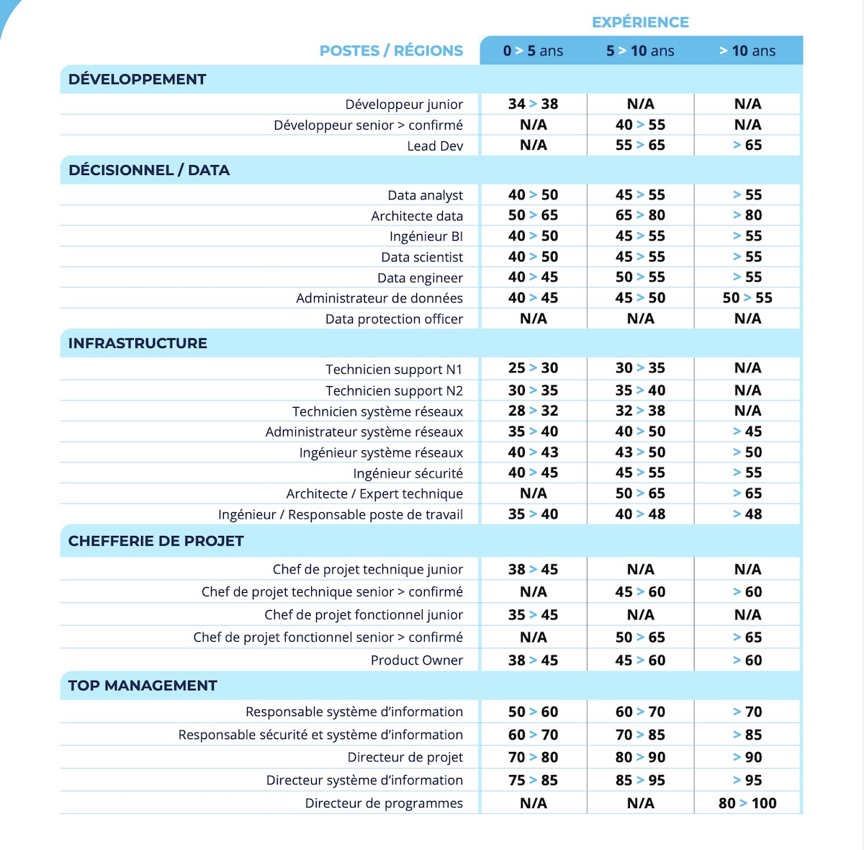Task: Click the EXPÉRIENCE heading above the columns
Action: tap(640, 22)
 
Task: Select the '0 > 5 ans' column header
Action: tap(533, 51)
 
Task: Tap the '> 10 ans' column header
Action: tap(747, 51)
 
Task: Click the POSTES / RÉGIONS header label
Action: tap(391, 51)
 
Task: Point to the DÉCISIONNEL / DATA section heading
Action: tap(149, 171)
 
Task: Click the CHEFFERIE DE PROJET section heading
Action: tap(156, 541)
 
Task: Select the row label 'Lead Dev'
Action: tap(435, 146)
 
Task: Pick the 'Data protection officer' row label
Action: tap(394, 319)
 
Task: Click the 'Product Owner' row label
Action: tap(417, 661)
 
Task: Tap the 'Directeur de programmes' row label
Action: tap(384, 803)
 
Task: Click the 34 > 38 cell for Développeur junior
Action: tap(533, 104)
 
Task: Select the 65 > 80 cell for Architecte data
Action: tap(640, 215)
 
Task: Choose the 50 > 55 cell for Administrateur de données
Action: tap(747, 298)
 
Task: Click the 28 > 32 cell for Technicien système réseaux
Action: tap(533, 411)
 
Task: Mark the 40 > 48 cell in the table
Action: tap(640, 514)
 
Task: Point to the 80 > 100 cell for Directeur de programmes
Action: tap(747, 803)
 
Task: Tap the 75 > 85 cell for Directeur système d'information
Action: tap(533, 780)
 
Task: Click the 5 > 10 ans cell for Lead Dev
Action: tap(640, 146)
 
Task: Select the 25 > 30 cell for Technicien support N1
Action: tap(533, 368)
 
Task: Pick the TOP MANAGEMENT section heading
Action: tap(143, 686)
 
